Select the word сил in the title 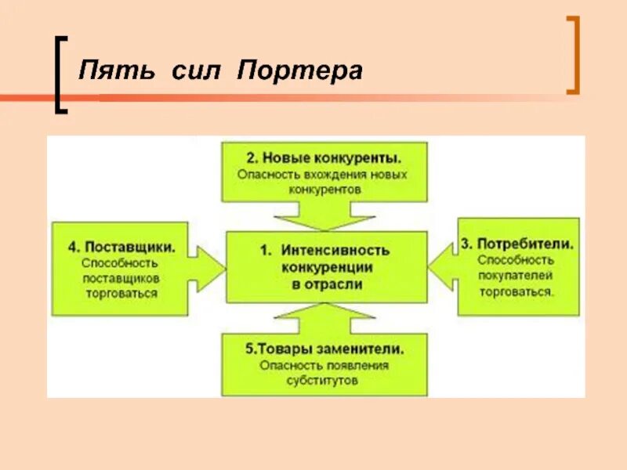191,71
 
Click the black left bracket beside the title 60,75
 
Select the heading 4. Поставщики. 120,246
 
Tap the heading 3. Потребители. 516,244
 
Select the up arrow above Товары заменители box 325,316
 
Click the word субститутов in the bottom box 324,381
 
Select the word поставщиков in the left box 120,279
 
